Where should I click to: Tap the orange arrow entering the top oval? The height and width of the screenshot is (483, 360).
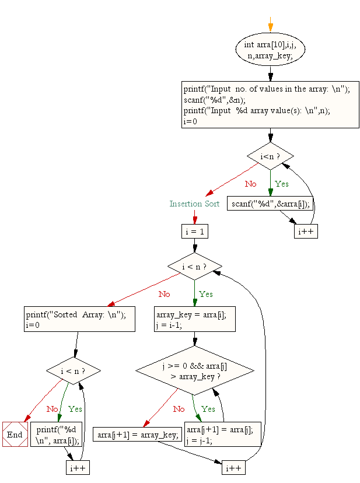click(270, 26)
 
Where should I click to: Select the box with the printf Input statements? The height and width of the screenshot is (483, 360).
click(270, 105)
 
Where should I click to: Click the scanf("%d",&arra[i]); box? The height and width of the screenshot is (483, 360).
click(270, 204)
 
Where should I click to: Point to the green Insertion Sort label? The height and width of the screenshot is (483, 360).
click(194, 204)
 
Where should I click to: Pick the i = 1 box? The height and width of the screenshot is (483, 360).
click(194, 231)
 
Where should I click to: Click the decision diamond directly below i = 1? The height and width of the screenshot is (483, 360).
click(194, 267)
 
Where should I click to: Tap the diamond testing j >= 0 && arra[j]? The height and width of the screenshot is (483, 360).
click(194, 372)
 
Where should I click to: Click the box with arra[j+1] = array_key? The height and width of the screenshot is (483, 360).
click(138, 435)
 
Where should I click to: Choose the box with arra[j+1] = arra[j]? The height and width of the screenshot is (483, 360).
click(222, 435)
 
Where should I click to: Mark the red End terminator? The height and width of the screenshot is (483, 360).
click(15, 435)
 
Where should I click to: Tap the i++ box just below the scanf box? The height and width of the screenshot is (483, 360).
click(306, 231)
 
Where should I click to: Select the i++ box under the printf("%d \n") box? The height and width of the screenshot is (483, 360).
click(78, 468)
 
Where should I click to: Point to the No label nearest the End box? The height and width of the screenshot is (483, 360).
click(53, 409)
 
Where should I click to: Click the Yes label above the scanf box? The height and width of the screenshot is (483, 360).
click(282, 184)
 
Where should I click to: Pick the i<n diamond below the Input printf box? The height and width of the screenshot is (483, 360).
click(270, 156)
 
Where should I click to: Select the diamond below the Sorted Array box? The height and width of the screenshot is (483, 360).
click(74, 371)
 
